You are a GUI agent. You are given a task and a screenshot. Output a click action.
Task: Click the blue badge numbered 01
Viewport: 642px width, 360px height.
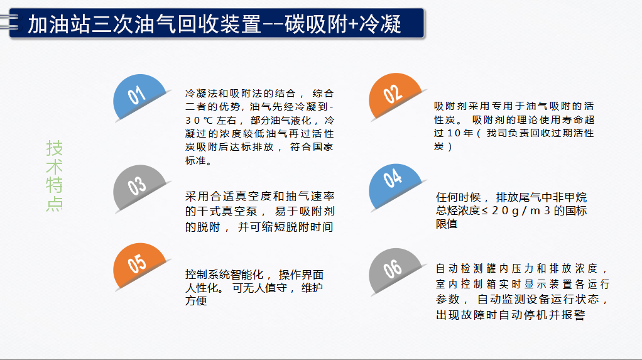point(139,97)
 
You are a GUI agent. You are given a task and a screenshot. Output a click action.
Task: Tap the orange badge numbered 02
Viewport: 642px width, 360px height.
point(394,96)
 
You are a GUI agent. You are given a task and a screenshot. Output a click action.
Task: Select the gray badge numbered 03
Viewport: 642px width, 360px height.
point(139,188)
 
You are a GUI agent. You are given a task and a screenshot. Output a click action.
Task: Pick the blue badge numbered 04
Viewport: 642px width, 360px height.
point(394,187)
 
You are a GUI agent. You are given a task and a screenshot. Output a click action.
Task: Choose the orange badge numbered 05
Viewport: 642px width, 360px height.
point(139,265)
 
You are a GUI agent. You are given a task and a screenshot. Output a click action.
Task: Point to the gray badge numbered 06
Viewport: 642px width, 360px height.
point(394,270)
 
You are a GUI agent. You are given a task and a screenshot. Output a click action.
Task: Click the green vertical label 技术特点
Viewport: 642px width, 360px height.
point(54,176)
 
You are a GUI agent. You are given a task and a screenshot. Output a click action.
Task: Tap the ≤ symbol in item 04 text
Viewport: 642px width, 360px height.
point(485,211)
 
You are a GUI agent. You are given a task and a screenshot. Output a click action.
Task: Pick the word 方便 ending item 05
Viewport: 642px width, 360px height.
point(196,300)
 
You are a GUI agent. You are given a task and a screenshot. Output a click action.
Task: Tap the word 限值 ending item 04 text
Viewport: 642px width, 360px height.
point(447,224)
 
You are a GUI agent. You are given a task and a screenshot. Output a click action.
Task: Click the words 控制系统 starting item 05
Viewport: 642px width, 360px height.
point(206,275)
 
